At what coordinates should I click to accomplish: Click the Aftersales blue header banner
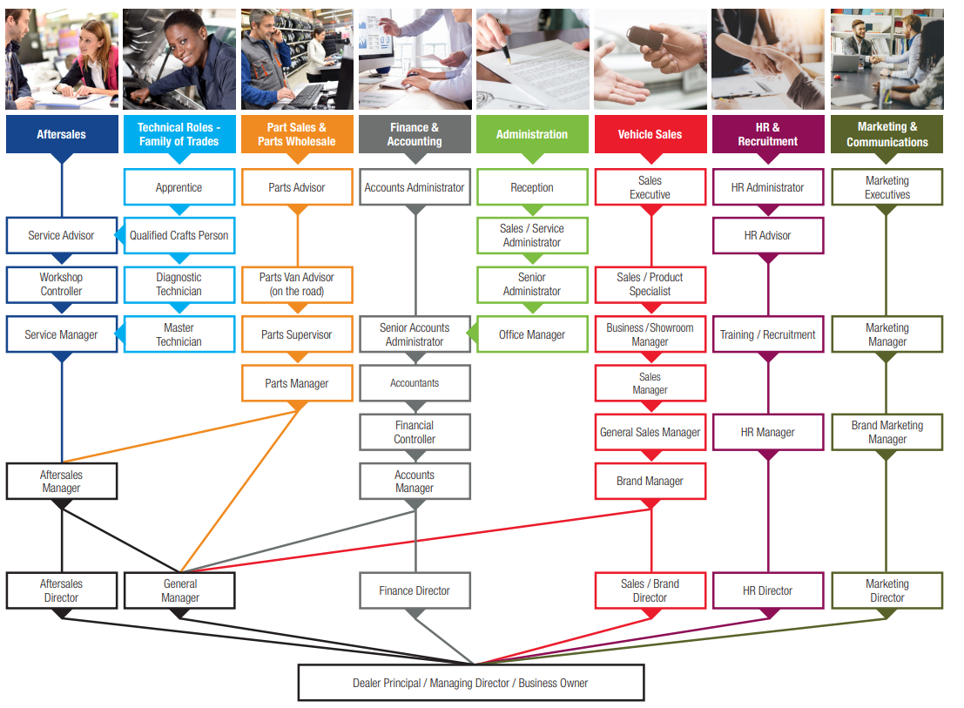tap(61, 134)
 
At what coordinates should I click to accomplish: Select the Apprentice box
tap(179, 187)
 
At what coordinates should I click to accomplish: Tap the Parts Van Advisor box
tap(297, 284)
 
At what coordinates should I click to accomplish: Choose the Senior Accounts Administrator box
tap(415, 334)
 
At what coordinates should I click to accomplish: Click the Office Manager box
tap(532, 334)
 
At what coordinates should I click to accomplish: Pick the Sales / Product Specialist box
tap(650, 284)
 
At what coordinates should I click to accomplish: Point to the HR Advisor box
tap(768, 235)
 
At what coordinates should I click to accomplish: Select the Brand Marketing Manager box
tap(886, 432)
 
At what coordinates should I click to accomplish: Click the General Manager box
tap(179, 590)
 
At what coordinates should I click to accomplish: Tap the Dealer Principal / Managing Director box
tap(470, 683)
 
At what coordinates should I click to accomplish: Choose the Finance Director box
tap(415, 590)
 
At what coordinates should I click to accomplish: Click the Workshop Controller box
tap(61, 284)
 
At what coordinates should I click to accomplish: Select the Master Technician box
tap(179, 334)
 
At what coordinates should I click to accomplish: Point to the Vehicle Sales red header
tap(650, 134)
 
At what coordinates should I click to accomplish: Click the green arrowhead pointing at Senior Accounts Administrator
tap(473, 334)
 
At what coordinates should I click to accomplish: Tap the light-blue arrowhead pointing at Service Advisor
tap(119, 235)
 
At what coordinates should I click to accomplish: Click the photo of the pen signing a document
tap(532, 58)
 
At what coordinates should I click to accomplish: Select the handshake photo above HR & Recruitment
tap(768, 58)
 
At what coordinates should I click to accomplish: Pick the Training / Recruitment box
tap(768, 334)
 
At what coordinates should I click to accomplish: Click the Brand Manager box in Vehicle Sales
tap(650, 481)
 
